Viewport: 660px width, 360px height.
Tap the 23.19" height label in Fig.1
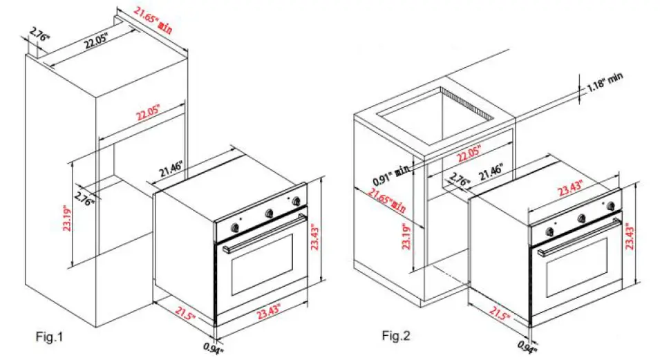[x=66, y=220]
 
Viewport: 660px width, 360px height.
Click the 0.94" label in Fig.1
[x=214, y=348]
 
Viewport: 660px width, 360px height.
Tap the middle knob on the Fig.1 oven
[x=269, y=212]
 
